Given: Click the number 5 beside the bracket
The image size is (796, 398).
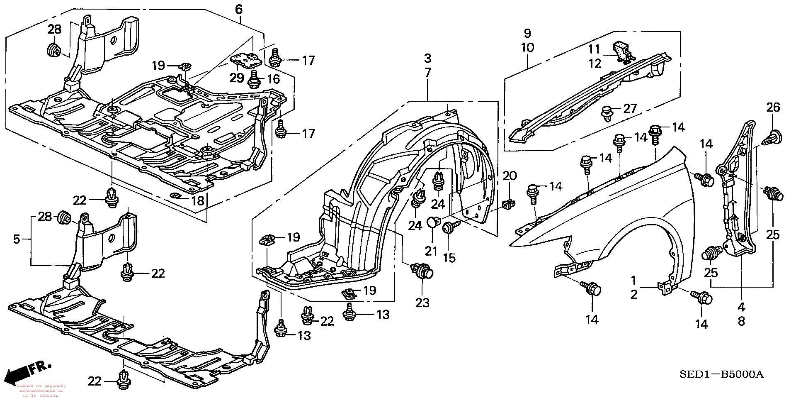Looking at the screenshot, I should tap(17, 239).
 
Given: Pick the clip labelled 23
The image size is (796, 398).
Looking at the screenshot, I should tap(422, 272).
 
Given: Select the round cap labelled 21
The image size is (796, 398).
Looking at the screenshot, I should tap(432, 222).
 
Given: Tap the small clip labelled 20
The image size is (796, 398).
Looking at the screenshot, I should tap(509, 204).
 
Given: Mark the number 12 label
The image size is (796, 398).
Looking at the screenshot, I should tap(595, 63).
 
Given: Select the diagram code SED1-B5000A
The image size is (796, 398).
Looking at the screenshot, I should tap(721, 375).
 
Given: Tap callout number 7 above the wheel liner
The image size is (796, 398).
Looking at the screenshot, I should tap(427, 72).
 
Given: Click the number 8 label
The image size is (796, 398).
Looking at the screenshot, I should tap(741, 321).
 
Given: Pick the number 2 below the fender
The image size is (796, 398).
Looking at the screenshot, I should tap(633, 295).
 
